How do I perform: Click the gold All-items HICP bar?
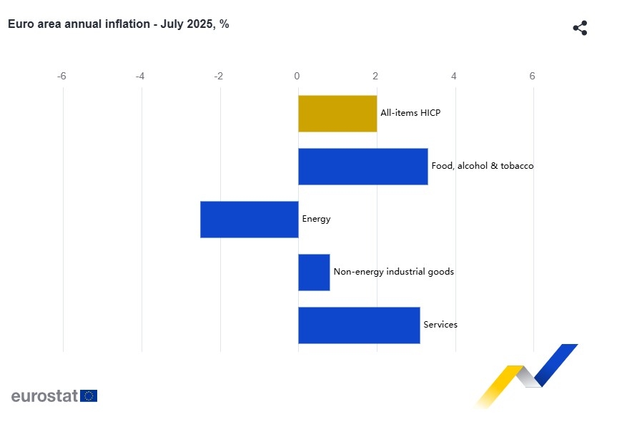click(x=337, y=114)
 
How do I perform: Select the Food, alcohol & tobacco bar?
click(x=362, y=167)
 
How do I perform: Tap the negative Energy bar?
click(x=249, y=220)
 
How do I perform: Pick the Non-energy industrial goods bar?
click(x=314, y=273)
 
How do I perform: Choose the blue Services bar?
click(x=359, y=325)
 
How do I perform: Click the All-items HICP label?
click(x=410, y=113)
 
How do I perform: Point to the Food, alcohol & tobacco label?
click(x=482, y=166)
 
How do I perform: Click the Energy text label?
click(x=316, y=219)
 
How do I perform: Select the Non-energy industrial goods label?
click(x=393, y=272)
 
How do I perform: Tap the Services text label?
click(x=440, y=325)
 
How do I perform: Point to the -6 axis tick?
click(x=62, y=77)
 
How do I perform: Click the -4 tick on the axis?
click(x=140, y=77)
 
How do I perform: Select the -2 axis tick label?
click(x=219, y=77)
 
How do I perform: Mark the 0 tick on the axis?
click(x=297, y=77)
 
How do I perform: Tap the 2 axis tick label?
click(x=375, y=77)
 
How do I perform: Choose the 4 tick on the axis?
click(x=454, y=77)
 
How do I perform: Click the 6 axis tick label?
click(x=532, y=77)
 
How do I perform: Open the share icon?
click(x=580, y=29)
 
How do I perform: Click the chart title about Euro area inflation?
click(x=118, y=24)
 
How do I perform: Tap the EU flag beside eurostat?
click(x=89, y=396)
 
